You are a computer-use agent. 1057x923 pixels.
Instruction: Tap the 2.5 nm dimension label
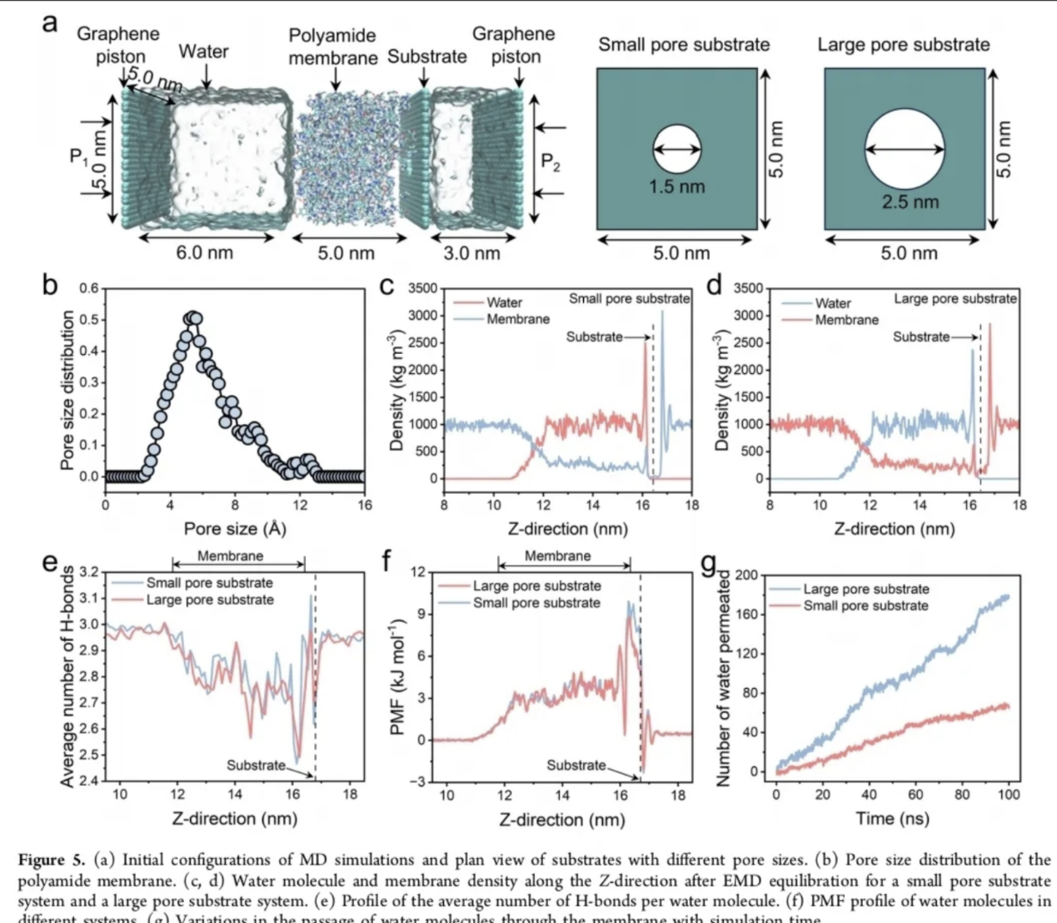click(x=910, y=202)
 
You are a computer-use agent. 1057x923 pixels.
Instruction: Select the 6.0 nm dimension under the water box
click(x=204, y=253)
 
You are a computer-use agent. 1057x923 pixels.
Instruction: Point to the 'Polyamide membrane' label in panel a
click(x=332, y=47)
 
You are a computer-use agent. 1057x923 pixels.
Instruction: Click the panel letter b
click(x=50, y=285)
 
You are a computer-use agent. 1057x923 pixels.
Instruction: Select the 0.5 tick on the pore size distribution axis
click(x=88, y=320)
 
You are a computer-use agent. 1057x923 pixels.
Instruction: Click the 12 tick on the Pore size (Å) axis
click(x=300, y=505)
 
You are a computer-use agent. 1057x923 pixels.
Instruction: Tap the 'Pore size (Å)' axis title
click(x=234, y=529)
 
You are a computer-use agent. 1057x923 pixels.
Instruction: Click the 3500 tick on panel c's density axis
click(x=422, y=288)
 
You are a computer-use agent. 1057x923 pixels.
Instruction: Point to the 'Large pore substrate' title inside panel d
click(x=955, y=298)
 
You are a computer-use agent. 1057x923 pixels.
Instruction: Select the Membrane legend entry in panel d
click(x=846, y=320)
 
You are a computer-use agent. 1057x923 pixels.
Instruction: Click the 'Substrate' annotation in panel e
click(x=256, y=765)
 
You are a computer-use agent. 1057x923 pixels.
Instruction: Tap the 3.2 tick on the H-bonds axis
click(x=87, y=572)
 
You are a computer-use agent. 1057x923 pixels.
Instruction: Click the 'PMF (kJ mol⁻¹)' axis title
click(x=397, y=677)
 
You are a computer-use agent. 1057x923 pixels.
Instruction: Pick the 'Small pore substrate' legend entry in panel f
click(x=536, y=602)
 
